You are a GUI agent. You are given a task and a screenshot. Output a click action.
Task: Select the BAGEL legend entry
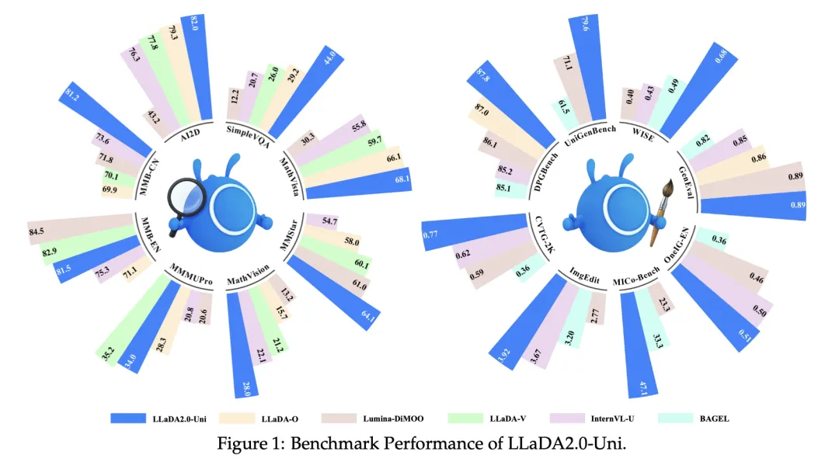click(x=695, y=419)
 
